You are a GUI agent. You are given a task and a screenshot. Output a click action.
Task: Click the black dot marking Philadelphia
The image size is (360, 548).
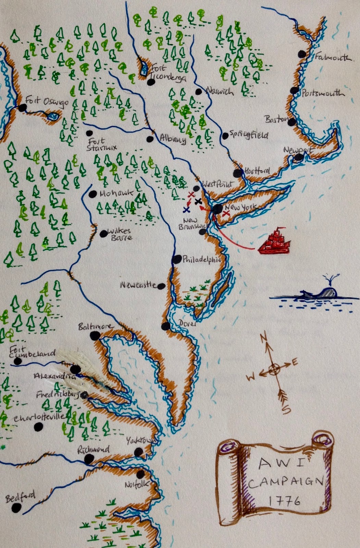pyautogui.click(x=177, y=259)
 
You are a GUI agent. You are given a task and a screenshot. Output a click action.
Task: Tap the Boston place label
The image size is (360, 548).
pyautogui.click(x=276, y=119)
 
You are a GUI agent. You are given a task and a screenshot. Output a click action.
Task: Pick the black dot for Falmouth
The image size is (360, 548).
pyautogui.click(x=302, y=54)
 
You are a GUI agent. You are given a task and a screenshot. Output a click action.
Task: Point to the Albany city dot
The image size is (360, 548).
pyautogui.click(x=150, y=139)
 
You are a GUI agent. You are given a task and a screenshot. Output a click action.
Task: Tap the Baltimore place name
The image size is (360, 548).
pyautogui.click(x=95, y=326)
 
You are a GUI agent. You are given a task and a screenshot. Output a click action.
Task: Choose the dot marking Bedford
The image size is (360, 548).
pyautogui.click(x=16, y=509)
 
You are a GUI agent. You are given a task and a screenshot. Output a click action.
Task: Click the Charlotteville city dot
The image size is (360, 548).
pyautogui.click(x=38, y=427)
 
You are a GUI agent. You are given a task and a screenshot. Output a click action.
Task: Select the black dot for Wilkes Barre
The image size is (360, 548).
pyautogui.click(x=103, y=234)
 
